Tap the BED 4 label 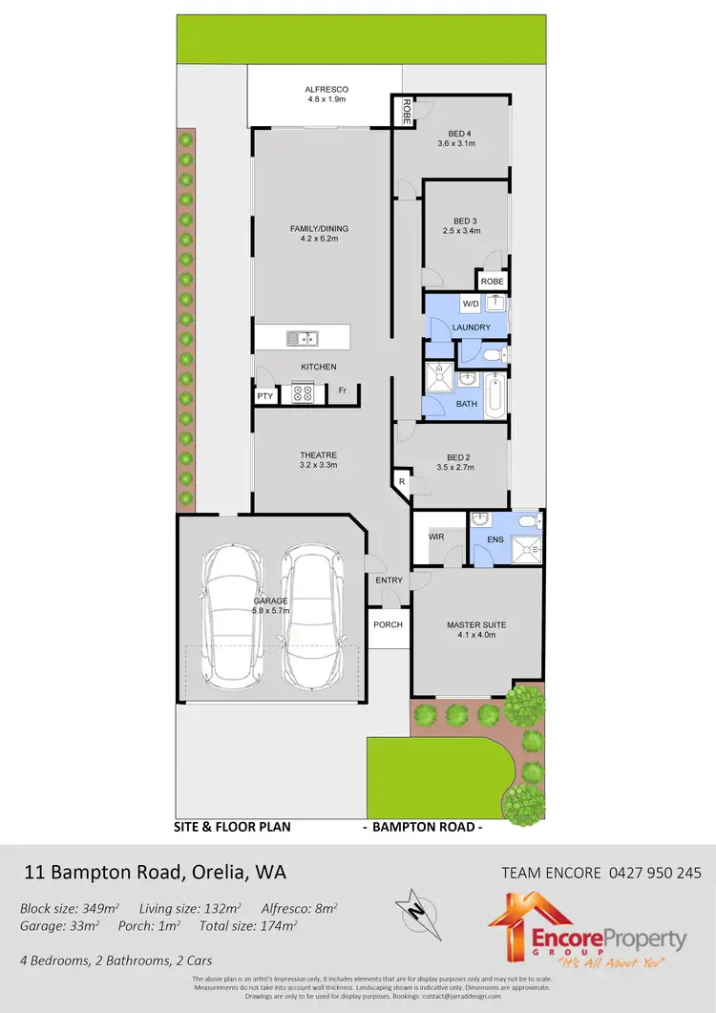coord(459,133)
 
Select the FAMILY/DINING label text coord(319,229)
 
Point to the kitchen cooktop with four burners coord(303,392)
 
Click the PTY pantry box coord(264,396)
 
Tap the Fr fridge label coord(341,390)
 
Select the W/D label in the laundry coord(470,305)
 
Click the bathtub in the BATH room coord(494,395)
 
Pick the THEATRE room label coord(318,455)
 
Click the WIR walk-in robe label coord(436,538)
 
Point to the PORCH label coord(388,625)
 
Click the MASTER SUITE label coord(476,625)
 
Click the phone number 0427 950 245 coord(654,873)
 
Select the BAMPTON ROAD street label coord(423,827)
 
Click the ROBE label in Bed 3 coord(492,282)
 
